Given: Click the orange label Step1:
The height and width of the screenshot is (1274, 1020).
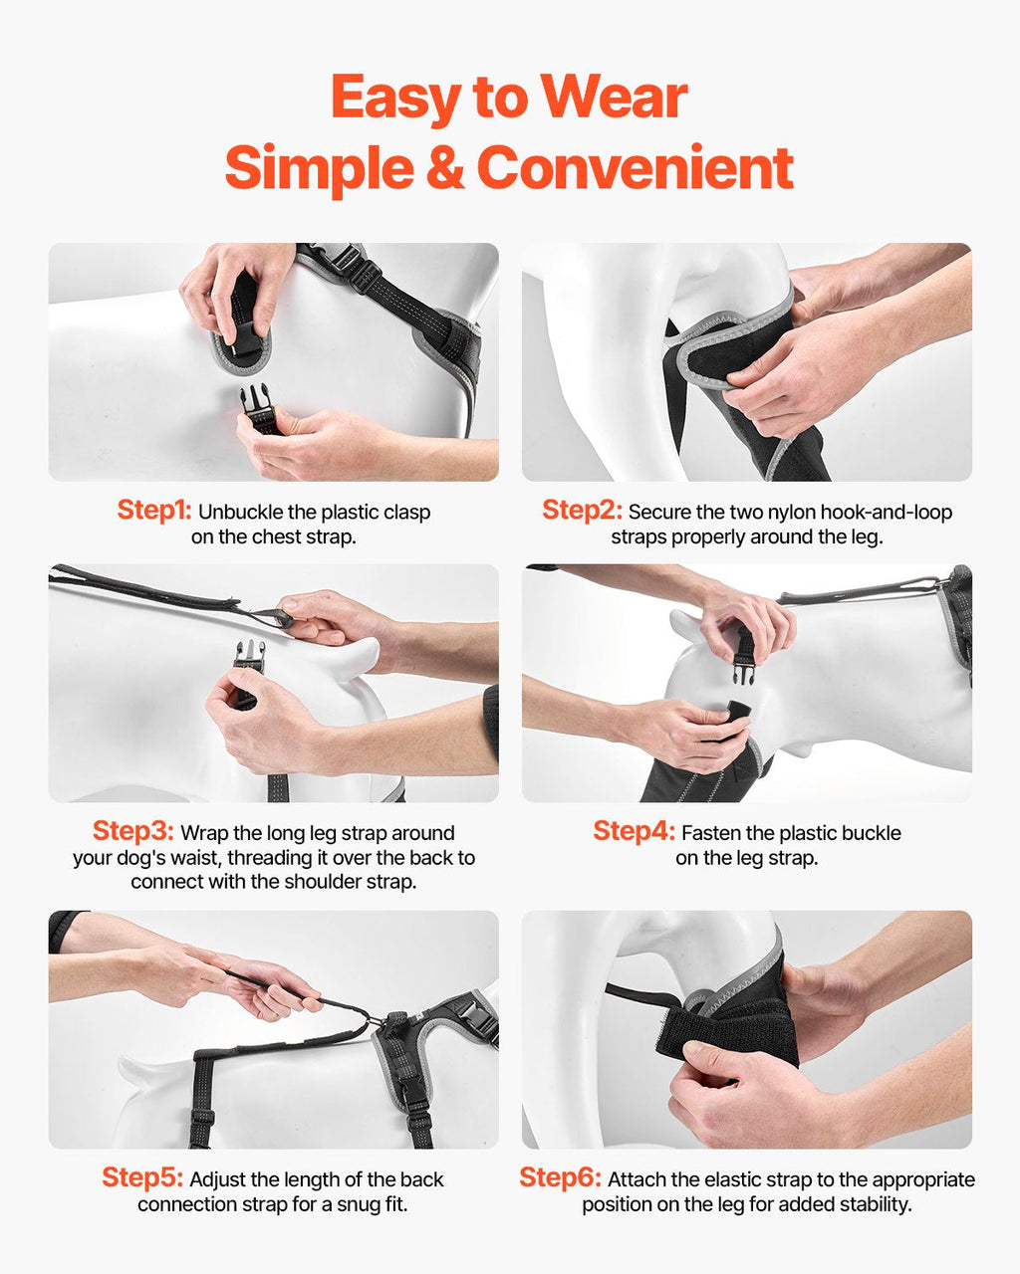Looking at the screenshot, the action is click(154, 510).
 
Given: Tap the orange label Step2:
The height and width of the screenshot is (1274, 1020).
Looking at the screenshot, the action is click(582, 510).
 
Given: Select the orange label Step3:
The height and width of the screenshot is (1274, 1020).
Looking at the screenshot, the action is click(132, 830).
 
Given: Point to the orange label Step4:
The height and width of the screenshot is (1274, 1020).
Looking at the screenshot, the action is click(635, 830).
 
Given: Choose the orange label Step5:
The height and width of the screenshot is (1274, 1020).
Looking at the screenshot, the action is click(142, 1176).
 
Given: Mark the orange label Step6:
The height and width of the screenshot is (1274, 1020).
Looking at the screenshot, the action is click(560, 1176).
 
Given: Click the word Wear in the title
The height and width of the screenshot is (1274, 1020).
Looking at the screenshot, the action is click(615, 98).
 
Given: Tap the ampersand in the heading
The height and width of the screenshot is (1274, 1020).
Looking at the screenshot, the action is click(444, 167).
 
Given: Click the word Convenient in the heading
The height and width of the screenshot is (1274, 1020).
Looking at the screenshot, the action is click(635, 167).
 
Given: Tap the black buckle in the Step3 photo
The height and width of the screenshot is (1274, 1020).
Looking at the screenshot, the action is click(249, 657).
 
